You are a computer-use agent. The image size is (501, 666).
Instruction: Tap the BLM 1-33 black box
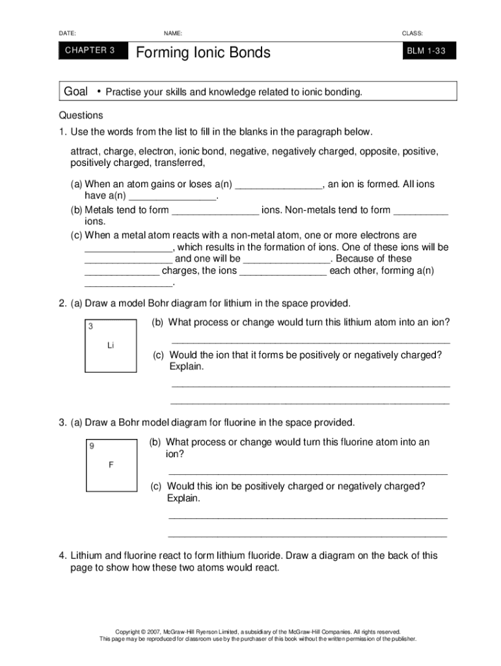click(x=427, y=51)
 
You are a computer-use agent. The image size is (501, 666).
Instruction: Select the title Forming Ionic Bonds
click(x=202, y=52)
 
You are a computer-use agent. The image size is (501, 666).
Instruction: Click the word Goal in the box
click(x=75, y=92)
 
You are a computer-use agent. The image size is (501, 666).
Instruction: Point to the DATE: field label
click(x=67, y=33)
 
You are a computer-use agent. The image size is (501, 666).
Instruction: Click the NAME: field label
click(x=173, y=33)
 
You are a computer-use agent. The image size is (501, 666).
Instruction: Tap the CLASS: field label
click(x=413, y=33)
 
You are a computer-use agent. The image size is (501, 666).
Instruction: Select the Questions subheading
click(x=81, y=116)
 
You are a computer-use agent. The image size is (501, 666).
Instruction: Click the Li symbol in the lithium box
click(x=111, y=345)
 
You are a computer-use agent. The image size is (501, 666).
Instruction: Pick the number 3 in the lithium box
click(x=91, y=326)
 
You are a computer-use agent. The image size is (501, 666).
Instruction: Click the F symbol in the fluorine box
click(x=111, y=465)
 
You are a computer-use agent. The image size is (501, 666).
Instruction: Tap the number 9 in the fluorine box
click(x=92, y=446)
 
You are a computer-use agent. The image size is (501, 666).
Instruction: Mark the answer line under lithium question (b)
click(x=310, y=341)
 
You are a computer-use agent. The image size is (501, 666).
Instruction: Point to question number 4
click(x=62, y=555)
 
